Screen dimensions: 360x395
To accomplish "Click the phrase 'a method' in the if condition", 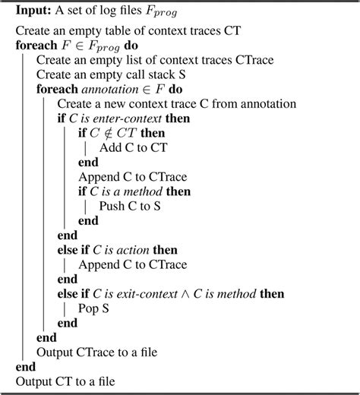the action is click(141, 191).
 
